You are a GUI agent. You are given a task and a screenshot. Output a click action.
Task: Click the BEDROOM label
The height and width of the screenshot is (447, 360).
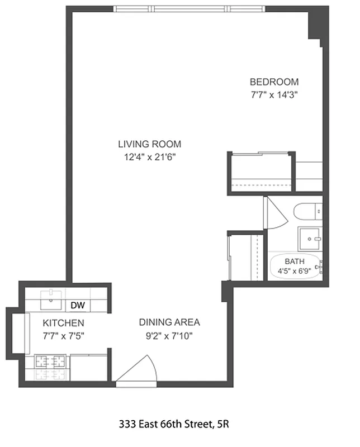274,82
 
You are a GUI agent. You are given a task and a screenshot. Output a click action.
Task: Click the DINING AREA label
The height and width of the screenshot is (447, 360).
169,322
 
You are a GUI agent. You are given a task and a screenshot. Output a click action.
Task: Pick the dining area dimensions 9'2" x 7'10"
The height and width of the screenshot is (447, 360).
169,336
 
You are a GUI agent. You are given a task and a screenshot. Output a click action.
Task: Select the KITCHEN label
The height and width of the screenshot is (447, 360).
64,323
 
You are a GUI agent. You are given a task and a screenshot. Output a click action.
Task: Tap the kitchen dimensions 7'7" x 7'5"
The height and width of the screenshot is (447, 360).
64,336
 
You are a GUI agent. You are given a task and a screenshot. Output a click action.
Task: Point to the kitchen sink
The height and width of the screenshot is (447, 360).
54,299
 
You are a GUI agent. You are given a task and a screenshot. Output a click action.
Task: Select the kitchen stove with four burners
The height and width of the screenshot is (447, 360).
50,368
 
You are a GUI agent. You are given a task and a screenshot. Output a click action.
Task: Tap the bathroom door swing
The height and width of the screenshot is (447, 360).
274,212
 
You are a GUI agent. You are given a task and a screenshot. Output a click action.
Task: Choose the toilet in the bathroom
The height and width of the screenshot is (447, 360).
307,212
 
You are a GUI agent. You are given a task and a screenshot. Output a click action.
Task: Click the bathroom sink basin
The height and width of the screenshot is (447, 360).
311,239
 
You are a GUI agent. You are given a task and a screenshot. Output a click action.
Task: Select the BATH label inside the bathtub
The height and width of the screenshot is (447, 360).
294,261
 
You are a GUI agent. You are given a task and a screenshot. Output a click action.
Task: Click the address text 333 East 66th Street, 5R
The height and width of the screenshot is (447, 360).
173,425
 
